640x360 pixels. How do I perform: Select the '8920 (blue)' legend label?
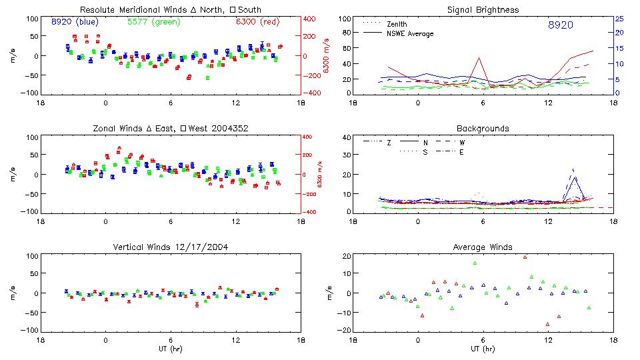click(x=75, y=22)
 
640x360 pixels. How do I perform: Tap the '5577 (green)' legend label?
click(x=150, y=22)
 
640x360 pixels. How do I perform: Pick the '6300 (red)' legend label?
click(x=257, y=22)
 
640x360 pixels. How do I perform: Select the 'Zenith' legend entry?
click(x=397, y=24)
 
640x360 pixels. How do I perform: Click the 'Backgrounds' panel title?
click(x=483, y=128)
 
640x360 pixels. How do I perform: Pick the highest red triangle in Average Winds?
click(x=525, y=257)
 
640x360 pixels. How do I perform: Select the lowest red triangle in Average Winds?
click(x=548, y=324)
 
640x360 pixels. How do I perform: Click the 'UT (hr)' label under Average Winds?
click(x=483, y=349)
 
